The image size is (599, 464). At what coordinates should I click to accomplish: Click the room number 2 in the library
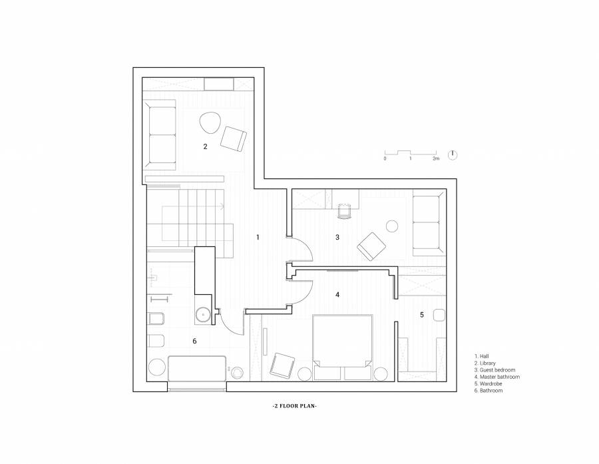pos(205,146)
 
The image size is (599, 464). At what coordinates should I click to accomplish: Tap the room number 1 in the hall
pos(258,238)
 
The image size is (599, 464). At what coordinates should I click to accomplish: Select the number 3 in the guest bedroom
pos(337,238)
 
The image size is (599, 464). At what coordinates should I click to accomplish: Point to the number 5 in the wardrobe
pos(422,315)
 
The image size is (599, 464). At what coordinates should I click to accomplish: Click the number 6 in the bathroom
pos(194,341)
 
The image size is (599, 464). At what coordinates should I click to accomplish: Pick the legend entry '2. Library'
pos(485,363)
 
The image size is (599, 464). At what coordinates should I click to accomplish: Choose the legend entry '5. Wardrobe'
pos(489,383)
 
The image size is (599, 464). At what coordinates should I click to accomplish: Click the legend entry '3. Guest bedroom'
pos(495,370)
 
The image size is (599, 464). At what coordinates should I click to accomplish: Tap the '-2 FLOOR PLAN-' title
pos(294,406)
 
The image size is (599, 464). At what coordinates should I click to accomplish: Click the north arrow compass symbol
pos(453,155)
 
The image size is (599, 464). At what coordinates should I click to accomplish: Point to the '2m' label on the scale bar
pos(436,158)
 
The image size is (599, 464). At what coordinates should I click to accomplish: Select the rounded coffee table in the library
pos(210,122)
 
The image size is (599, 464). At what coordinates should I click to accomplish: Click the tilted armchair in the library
pos(233,138)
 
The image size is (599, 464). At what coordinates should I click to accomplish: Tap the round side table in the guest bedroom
pos(392,226)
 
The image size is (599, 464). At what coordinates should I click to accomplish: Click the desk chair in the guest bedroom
pos(345,211)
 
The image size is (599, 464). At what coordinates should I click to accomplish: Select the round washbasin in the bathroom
pos(203,315)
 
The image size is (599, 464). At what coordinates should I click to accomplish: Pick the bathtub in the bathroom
pos(197,368)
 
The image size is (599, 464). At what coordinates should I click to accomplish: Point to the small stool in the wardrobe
pos(439,315)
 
